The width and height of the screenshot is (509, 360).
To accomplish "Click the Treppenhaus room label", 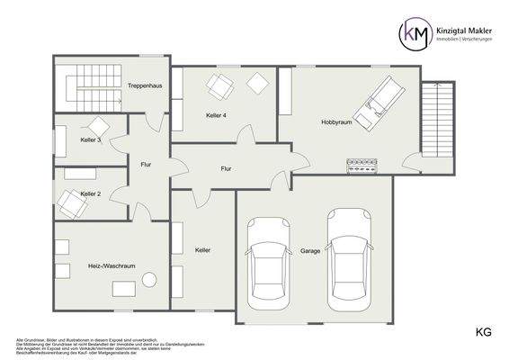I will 145,85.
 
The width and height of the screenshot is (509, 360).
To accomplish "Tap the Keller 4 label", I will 215,115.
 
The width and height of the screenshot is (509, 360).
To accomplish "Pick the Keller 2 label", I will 90,193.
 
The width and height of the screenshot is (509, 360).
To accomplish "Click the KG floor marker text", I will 484,333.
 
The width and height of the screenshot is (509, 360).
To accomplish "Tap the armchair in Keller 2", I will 70,203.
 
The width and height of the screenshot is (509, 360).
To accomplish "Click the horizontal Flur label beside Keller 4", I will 228,168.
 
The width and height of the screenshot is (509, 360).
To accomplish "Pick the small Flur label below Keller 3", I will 146,164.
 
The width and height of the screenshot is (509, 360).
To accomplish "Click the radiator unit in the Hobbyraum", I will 363,164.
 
